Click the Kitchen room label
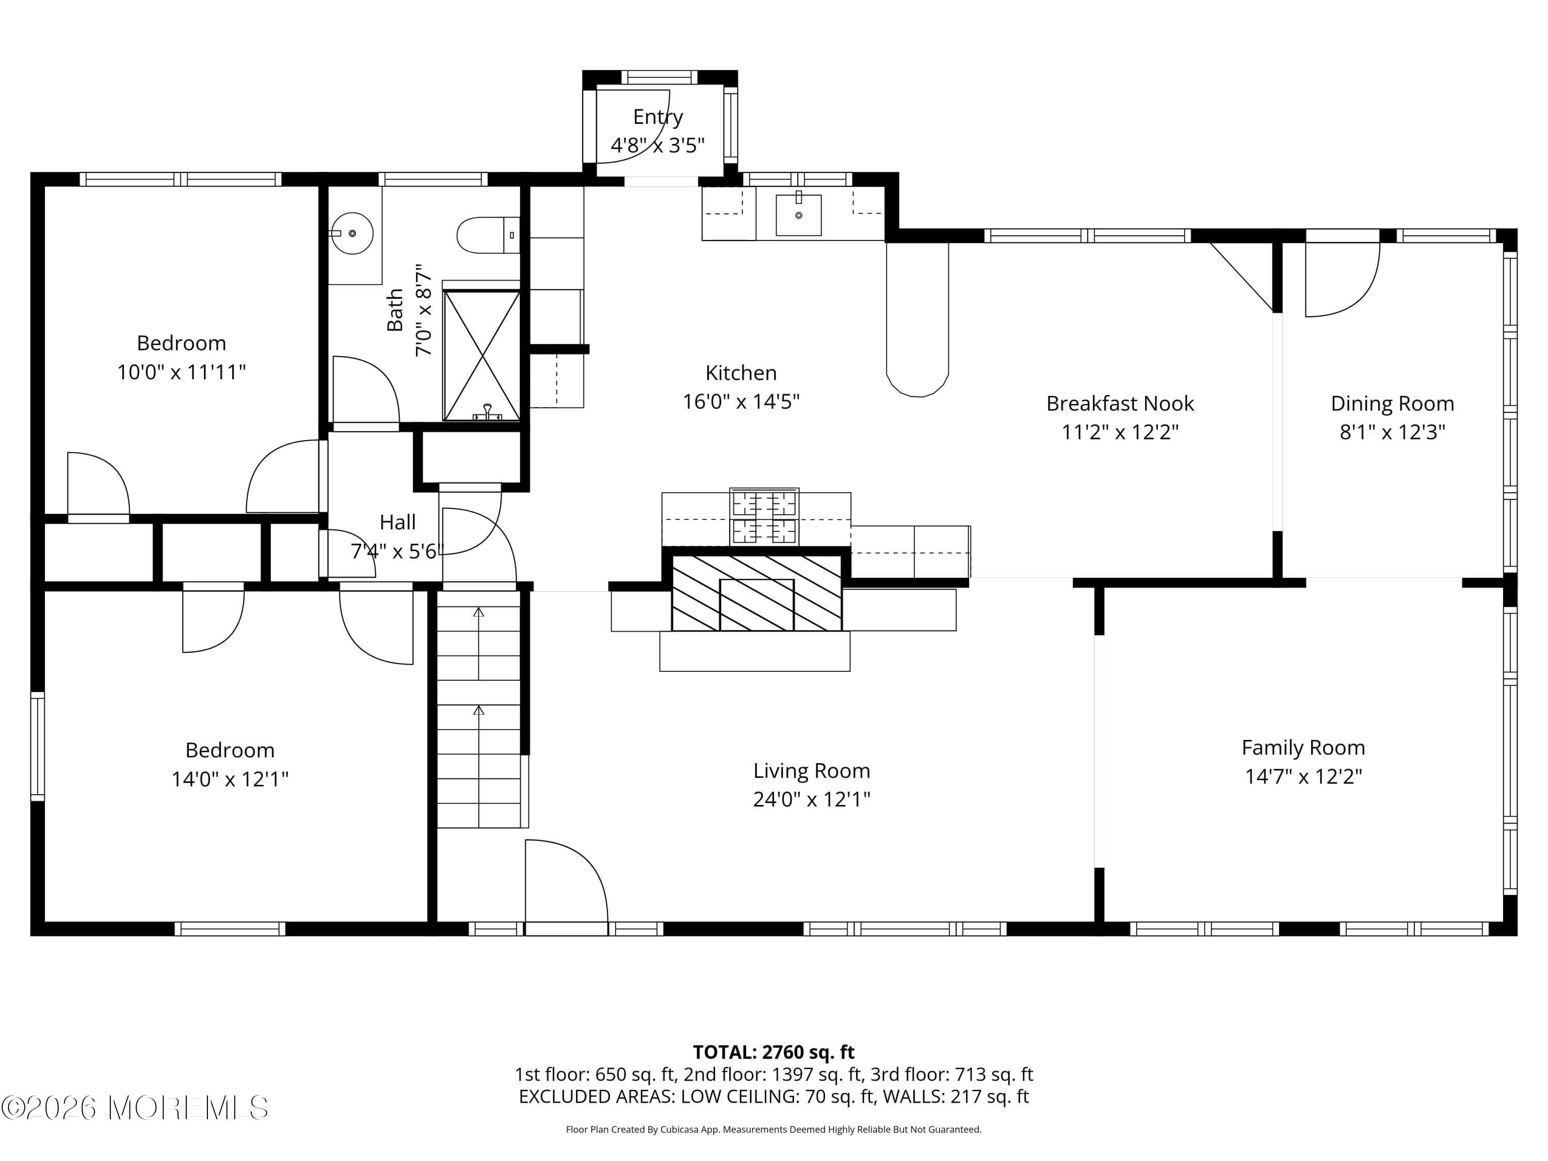[x=740, y=373]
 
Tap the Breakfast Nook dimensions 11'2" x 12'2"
[x=1120, y=432]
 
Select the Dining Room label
[x=1392, y=404]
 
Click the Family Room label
[x=1303, y=747]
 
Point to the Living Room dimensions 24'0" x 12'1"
[x=811, y=799]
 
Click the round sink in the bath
[x=352, y=233]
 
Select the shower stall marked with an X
[x=481, y=356]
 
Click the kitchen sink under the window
[x=798, y=215]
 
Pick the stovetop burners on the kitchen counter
[x=764, y=517]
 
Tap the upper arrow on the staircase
[x=479, y=613]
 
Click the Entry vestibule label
[x=658, y=117]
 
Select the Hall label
[x=397, y=522]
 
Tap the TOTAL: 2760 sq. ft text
[x=773, y=1052]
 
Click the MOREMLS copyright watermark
[x=134, y=1108]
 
